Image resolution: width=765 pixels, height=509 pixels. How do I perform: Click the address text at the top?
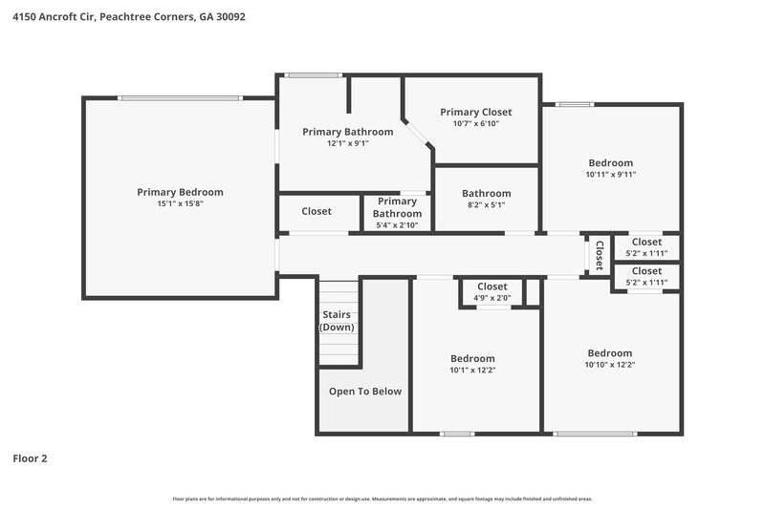128,16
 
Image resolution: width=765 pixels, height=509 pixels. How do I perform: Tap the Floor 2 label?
30,458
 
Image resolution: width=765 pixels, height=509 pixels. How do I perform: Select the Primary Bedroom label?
180,192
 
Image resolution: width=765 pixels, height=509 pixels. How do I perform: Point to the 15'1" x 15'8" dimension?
180,203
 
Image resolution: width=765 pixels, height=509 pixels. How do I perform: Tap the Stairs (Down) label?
337,321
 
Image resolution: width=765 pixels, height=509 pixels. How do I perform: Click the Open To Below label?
365,392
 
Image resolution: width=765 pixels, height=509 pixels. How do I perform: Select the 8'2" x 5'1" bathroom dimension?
486,204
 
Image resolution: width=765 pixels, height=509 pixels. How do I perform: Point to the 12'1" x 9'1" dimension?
347,143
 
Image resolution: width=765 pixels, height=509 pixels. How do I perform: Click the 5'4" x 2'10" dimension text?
397,225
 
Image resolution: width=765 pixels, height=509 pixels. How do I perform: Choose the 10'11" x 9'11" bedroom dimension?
610,174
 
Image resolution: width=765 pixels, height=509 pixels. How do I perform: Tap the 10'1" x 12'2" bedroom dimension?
472,370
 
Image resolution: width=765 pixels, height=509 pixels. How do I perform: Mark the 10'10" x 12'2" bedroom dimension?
610,365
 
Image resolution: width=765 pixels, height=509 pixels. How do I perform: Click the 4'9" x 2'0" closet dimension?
492,298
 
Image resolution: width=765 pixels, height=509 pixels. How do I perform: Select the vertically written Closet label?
600,255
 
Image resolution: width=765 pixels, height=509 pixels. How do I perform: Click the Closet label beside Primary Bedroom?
317,211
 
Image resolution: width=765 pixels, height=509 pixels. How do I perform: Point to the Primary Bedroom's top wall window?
180,96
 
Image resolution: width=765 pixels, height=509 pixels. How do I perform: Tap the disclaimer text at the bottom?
382,498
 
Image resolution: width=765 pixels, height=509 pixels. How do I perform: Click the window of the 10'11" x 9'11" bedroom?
575,104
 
